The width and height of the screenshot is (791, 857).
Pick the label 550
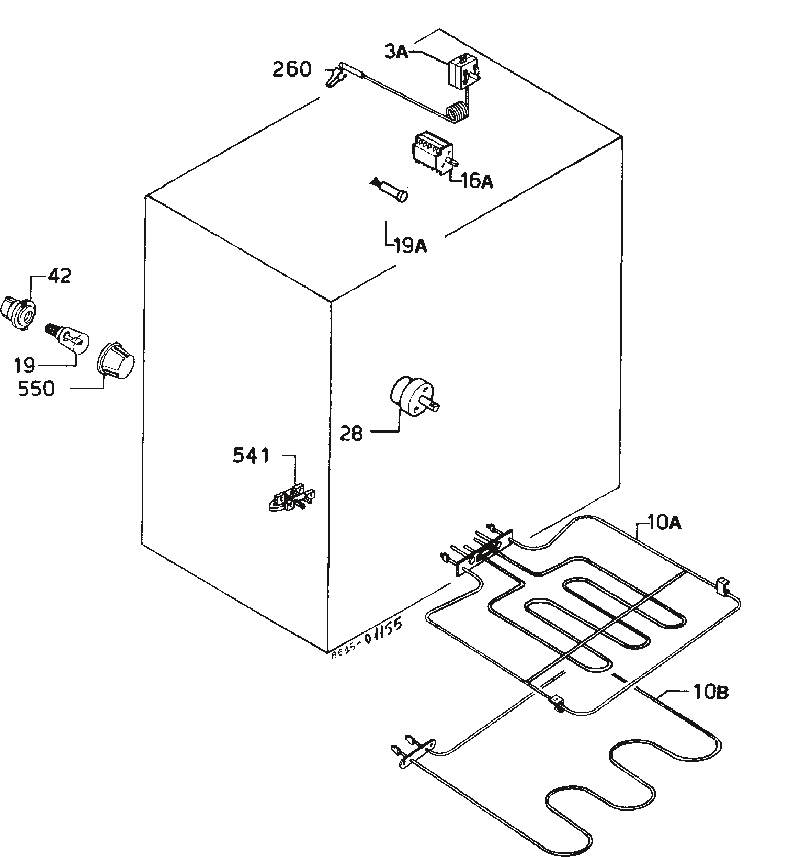(x=36, y=389)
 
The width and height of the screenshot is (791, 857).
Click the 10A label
(x=665, y=523)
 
